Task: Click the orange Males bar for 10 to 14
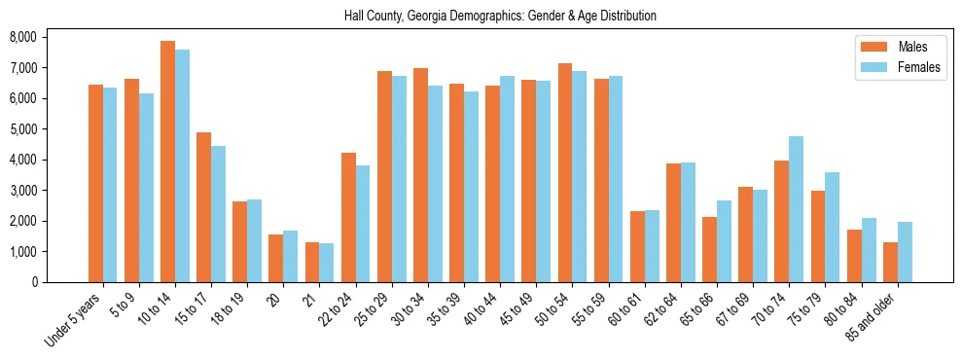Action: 167,162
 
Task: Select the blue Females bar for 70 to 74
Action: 796,209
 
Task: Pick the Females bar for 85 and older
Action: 905,252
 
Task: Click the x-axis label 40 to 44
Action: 481,309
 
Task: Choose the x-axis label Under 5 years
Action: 75,319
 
